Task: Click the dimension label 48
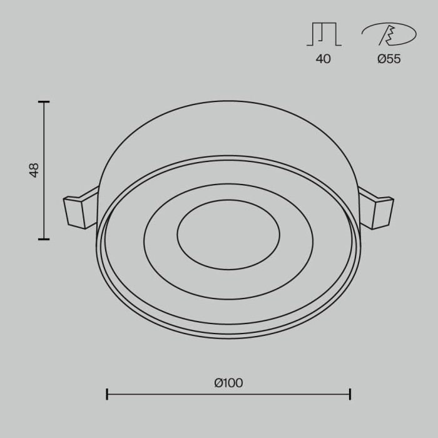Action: (34, 170)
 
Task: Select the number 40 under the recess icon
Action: (323, 59)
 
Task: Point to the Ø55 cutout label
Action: (389, 59)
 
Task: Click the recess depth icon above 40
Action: (323, 34)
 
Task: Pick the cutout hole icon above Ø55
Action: (389, 35)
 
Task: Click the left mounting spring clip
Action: (78, 211)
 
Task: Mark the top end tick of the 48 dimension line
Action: (44, 101)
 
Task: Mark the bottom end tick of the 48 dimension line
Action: (44, 238)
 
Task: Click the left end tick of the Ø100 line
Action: (107, 394)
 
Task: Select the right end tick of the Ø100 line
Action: (350, 394)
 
